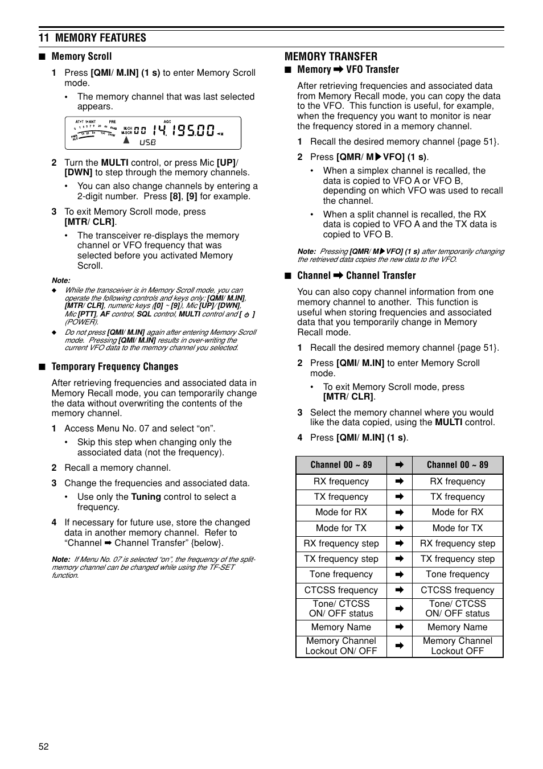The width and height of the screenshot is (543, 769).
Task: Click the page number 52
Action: click(44, 747)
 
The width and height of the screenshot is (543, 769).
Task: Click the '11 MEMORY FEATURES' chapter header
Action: click(92, 38)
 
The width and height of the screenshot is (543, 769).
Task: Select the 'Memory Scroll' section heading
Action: click(81, 56)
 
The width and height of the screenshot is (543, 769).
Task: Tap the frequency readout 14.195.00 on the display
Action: click(183, 130)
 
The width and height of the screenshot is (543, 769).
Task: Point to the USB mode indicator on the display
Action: click(147, 142)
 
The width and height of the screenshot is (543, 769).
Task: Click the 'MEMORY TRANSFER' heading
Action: click(331, 56)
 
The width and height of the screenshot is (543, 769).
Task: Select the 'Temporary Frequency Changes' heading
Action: click(114, 367)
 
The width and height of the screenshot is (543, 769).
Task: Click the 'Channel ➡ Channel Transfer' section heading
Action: click(356, 275)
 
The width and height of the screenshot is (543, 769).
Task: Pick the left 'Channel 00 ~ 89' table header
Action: click(341, 465)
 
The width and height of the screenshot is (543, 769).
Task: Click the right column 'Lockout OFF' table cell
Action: click(457, 646)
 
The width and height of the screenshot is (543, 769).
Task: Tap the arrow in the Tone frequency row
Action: click(400, 575)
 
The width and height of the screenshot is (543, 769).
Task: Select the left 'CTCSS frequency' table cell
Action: click(341, 590)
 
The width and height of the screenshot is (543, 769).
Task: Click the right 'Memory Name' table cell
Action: click(457, 627)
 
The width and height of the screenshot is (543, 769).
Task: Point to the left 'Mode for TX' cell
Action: click(341, 528)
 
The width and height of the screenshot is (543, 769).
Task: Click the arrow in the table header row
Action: click(400, 465)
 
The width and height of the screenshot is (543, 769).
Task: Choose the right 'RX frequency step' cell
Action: click(457, 544)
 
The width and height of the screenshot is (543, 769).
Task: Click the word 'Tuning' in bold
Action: click(146, 497)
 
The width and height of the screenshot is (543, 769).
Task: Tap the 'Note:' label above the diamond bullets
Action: click(61, 281)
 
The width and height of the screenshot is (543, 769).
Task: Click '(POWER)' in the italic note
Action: click(81, 322)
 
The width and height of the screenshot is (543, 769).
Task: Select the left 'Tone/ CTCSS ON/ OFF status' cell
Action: click(341, 608)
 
